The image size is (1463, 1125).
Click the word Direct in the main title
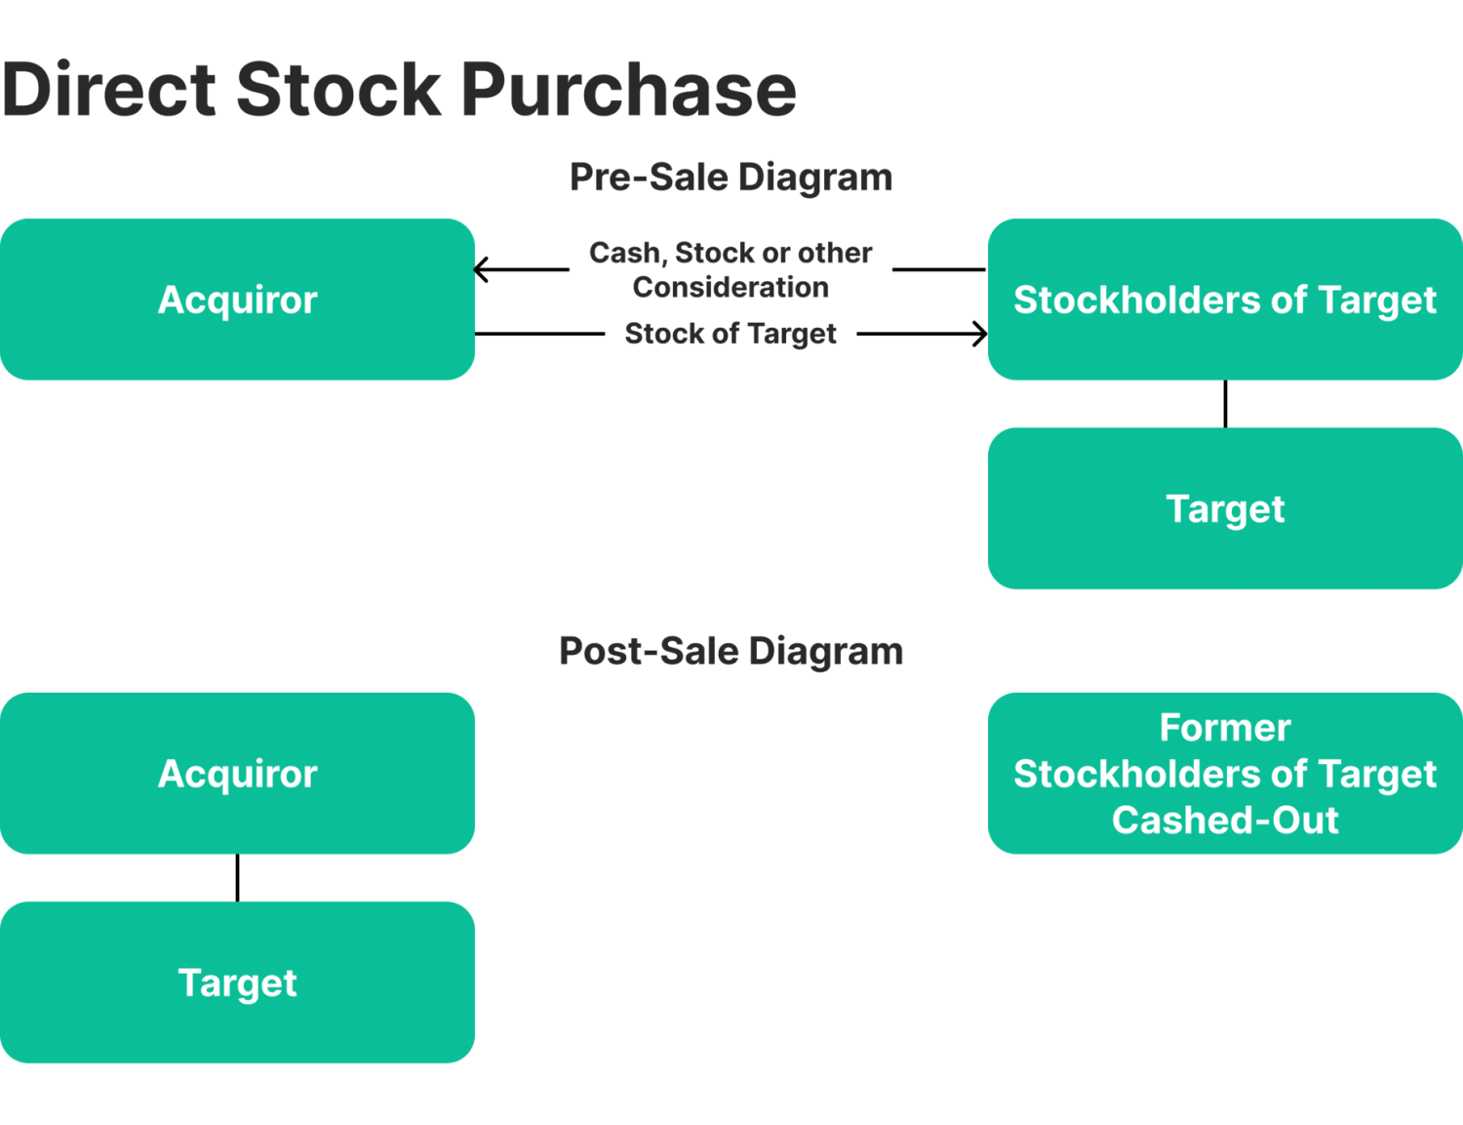click(x=109, y=90)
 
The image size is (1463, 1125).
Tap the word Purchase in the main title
click(x=628, y=90)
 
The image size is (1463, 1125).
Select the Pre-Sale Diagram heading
click(x=731, y=178)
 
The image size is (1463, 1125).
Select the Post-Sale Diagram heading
click(x=731, y=652)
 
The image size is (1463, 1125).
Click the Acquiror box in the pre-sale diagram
click(x=237, y=300)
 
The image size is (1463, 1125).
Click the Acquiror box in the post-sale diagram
click(x=237, y=774)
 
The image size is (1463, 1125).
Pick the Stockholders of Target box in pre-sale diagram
click(x=1225, y=300)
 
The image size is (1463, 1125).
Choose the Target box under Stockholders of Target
click(x=1225, y=508)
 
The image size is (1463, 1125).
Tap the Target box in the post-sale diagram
click(x=237, y=983)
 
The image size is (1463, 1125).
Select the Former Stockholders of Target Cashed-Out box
click(x=1225, y=774)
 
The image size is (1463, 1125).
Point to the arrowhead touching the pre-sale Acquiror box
click(x=481, y=269)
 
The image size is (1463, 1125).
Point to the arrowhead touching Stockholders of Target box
click(x=980, y=334)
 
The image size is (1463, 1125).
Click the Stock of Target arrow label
click(x=731, y=334)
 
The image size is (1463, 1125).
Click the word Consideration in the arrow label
click(x=731, y=288)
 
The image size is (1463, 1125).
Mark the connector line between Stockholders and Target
click(x=1225, y=404)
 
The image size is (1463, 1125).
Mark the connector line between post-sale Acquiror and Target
click(x=237, y=878)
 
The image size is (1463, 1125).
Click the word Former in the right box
click(x=1225, y=728)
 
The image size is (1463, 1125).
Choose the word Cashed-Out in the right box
click(x=1225, y=821)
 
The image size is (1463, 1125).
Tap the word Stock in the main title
click(x=338, y=90)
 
